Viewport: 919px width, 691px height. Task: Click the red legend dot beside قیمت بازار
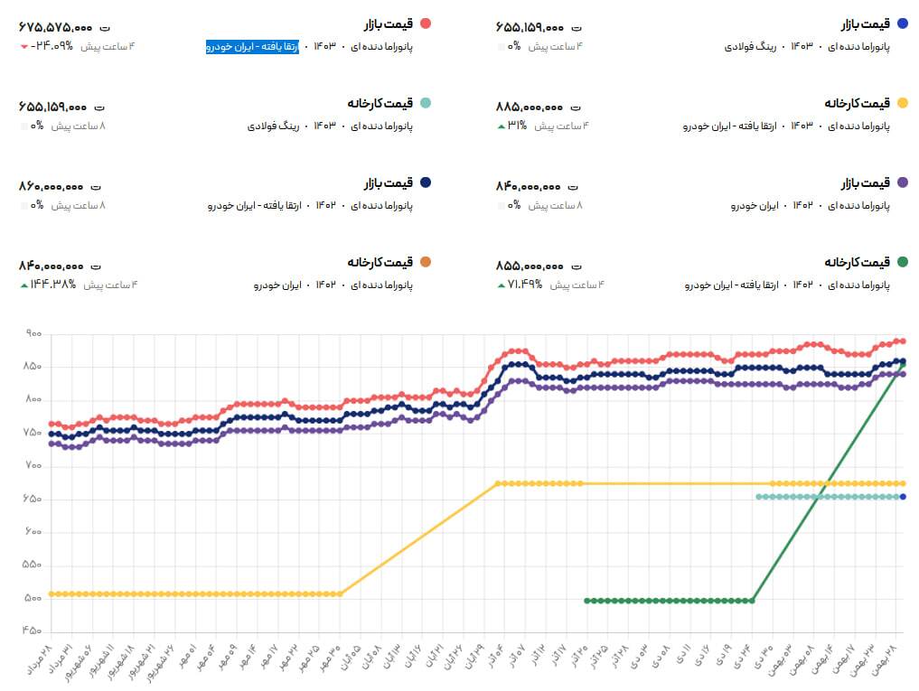[426, 23]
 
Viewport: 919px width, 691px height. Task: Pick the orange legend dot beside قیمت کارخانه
[426, 263]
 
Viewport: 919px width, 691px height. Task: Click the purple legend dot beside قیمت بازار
[903, 183]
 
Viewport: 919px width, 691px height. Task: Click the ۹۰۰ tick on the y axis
[34, 334]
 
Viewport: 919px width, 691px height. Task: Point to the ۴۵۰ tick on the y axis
[34, 630]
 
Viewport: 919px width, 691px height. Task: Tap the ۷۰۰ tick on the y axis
[34, 466]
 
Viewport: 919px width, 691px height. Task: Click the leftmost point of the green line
[586, 600]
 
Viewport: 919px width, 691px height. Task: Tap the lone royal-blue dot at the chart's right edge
[903, 497]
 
